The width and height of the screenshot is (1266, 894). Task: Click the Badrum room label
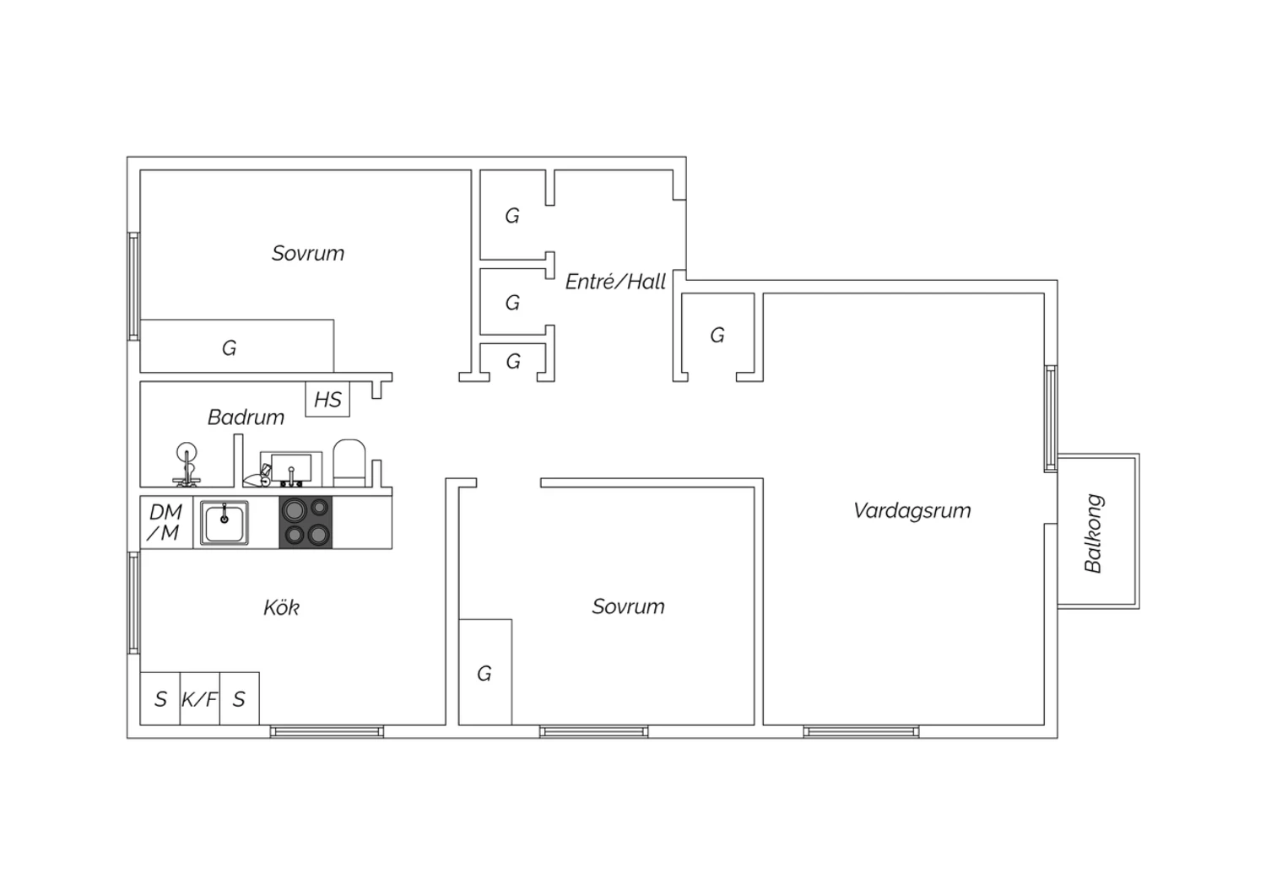[x=246, y=417]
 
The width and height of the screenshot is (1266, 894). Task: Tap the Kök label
[x=281, y=608]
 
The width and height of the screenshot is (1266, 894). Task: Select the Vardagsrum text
[x=912, y=510]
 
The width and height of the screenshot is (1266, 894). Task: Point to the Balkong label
[x=1094, y=533]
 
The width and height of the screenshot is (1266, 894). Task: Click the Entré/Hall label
[x=615, y=281]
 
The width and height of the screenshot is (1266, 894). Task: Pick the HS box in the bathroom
[x=327, y=399]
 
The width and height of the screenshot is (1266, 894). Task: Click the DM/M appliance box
[x=166, y=522]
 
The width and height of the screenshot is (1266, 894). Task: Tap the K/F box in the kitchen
[x=199, y=698]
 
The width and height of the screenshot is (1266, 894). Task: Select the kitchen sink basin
[x=225, y=523]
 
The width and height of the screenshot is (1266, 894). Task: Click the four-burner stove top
[x=306, y=522]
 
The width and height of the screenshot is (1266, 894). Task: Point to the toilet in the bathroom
[x=349, y=463]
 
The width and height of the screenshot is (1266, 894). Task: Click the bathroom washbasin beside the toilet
[x=291, y=469]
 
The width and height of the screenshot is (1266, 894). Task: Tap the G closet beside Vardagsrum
[x=717, y=336]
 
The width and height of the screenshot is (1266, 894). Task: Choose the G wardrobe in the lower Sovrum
[x=485, y=672]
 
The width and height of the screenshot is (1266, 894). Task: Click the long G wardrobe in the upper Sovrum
[x=237, y=346]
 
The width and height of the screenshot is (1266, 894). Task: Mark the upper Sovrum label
[x=308, y=253]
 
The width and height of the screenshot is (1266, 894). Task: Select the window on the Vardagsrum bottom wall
[x=862, y=732]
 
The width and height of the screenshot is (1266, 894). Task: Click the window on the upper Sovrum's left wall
[x=133, y=286]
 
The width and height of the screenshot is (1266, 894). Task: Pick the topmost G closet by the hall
[x=512, y=215]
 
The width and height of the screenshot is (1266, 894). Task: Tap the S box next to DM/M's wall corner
[x=160, y=698]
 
